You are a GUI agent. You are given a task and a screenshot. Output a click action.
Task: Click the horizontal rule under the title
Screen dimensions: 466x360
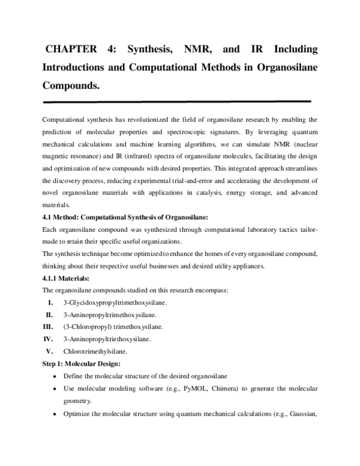click(x=177, y=101)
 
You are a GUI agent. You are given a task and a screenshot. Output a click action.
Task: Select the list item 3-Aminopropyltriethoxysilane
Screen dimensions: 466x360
click(x=106, y=339)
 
